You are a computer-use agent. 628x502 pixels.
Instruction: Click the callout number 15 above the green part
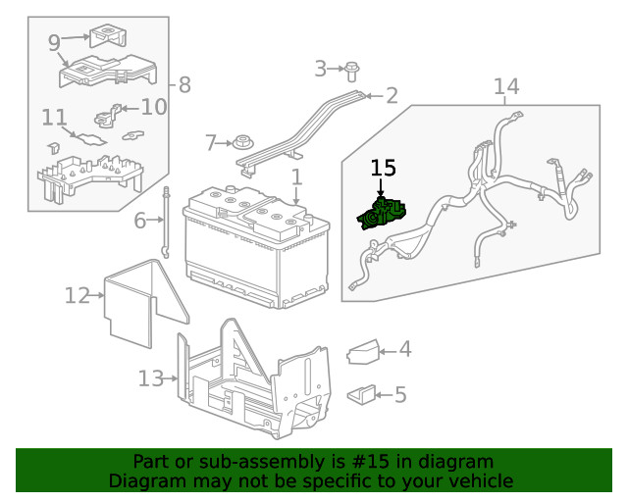382,168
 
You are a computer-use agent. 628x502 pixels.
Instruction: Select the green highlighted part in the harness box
385,213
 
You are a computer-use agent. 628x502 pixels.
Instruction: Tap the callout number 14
505,87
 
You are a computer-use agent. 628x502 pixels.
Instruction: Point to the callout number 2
392,95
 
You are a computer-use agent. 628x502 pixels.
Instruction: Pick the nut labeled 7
242,143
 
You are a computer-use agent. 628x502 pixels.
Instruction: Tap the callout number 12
77,294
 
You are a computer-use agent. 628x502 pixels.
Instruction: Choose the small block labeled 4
362,349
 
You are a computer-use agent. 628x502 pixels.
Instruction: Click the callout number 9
53,42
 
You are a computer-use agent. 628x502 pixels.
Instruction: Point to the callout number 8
184,84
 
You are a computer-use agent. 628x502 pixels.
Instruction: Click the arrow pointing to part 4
386,350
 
